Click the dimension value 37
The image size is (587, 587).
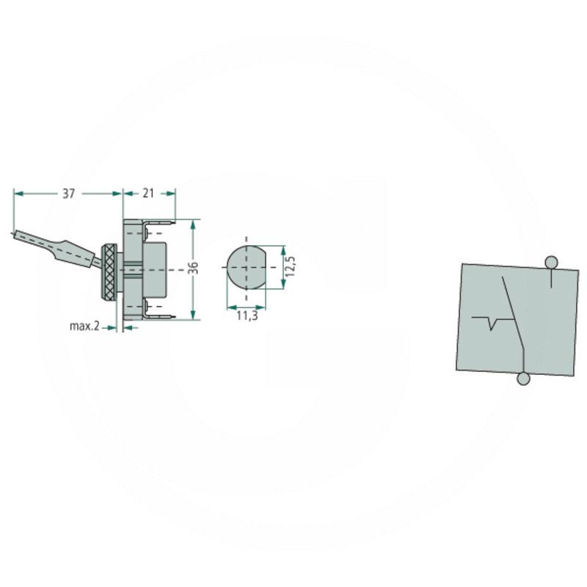click(68, 194)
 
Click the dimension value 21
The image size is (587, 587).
click(148, 193)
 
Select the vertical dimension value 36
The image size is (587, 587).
click(193, 268)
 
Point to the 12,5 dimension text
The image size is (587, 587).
click(290, 266)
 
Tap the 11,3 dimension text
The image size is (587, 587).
click(247, 316)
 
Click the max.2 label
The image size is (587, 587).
click(84, 326)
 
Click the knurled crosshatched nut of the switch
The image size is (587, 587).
click(109, 271)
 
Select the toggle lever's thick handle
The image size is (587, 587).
click(74, 254)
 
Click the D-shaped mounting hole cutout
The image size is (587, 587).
click(247, 267)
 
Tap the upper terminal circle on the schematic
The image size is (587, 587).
click(552, 262)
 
